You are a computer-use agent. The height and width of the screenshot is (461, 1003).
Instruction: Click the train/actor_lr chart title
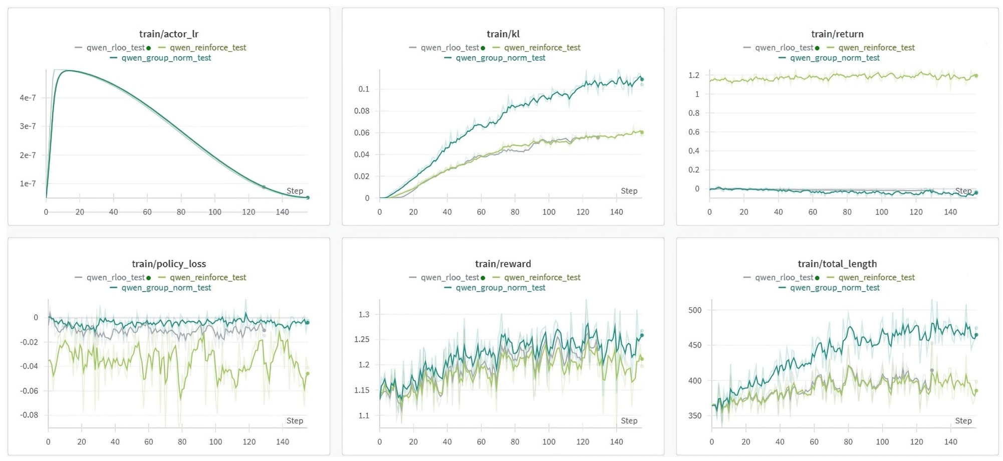coord(169,34)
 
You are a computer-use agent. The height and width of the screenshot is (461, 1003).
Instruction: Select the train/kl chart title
coord(503,34)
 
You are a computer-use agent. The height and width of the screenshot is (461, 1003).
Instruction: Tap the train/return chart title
coord(837,34)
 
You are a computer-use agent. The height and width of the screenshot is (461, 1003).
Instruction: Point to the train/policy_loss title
coord(169,264)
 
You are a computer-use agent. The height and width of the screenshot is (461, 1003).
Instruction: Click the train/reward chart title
coord(503,264)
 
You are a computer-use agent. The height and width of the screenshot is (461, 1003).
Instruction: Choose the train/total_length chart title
coord(837,264)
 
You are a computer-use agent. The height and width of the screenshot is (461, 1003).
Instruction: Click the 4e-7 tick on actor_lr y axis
coord(28,98)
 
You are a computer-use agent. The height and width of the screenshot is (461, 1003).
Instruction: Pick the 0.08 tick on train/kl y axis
coord(362,111)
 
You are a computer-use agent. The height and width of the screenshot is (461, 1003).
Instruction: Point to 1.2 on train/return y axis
coord(694,75)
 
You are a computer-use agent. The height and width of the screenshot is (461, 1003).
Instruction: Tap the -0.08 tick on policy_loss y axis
coord(29,415)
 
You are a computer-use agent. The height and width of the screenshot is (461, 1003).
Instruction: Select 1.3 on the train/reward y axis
coord(364,315)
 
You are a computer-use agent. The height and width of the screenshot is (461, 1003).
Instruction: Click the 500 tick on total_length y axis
coord(695,310)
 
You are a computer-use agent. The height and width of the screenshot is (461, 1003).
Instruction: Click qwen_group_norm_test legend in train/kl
coord(500,58)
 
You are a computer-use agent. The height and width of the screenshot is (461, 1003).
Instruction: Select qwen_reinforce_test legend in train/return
coord(876,48)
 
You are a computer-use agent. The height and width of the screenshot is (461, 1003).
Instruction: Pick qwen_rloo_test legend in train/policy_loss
coord(115,278)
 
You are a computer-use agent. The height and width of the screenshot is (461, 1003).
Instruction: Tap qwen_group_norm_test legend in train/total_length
coord(835,288)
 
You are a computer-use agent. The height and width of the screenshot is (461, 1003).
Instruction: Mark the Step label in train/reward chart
coord(629,421)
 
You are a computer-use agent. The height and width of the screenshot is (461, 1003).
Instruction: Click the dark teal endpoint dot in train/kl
coord(642,79)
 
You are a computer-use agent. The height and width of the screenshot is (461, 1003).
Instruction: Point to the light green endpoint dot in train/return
coord(976,76)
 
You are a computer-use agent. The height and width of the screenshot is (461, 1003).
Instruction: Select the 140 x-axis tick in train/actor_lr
coord(282,212)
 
